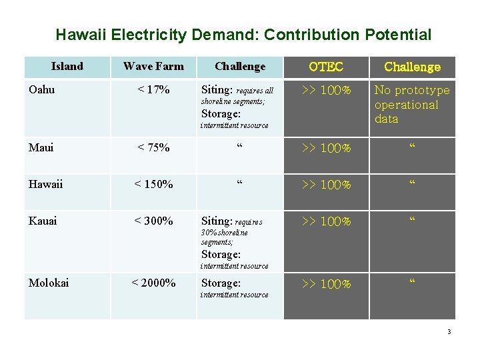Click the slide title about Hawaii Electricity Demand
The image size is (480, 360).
click(243, 35)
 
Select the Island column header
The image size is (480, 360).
click(67, 66)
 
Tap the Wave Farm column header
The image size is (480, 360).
click(153, 66)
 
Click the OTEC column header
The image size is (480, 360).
click(326, 67)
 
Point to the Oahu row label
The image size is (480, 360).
click(42, 89)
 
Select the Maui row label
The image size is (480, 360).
click(41, 147)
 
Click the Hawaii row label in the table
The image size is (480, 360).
click(45, 184)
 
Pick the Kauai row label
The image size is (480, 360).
click(43, 221)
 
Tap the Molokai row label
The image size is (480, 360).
click(49, 283)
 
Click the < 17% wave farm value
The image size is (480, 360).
click(153, 89)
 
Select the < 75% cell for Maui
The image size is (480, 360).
click(153, 147)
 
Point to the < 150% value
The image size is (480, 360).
click(153, 184)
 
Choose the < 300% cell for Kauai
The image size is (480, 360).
click(153, 221)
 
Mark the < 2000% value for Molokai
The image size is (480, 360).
click(153, 283)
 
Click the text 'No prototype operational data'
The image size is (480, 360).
click(412, 105)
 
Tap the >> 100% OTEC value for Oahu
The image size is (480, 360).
click(326, 90)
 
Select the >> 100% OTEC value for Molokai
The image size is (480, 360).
click(326, 284)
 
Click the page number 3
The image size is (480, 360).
click(449, 331)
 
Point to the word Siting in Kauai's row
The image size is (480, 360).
click(216, 221)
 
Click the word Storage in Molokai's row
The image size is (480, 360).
click(221, 283)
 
